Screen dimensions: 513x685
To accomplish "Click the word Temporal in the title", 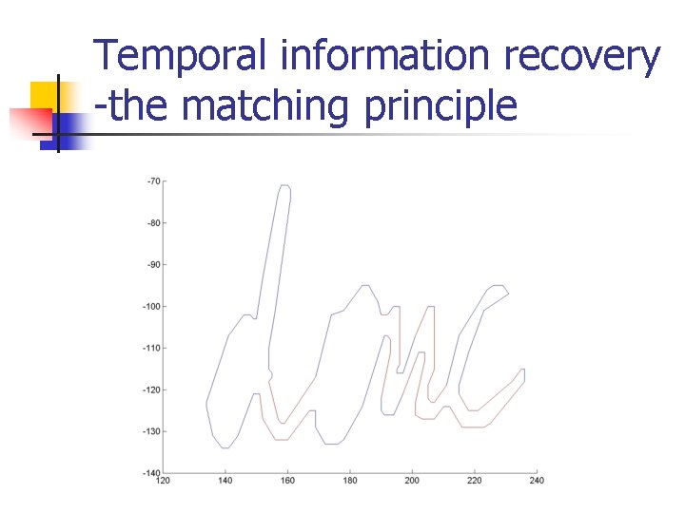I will [x=181, y=58].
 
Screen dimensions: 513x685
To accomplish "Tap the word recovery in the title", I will [x=582, y=58].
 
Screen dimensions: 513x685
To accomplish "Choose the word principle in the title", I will [x=440, y=106].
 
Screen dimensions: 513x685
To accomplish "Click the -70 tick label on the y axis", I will [x=153, y=181].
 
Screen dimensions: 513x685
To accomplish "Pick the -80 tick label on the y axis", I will [x=153, y=223].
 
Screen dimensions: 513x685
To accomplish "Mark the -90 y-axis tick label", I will [x=153, y=265].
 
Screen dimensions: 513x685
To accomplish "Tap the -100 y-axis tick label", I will [x=151, y=307].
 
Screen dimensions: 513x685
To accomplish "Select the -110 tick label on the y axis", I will [x=151, y=349].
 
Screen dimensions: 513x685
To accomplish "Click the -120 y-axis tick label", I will [x=151, y=390].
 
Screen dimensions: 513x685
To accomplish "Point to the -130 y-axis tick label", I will [x=151, y=431].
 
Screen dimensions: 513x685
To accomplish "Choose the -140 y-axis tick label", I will [x=151, y=472].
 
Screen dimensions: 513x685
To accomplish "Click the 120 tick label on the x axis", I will [x=163, y=482].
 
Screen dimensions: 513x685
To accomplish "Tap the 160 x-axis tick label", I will [x=287, y=482].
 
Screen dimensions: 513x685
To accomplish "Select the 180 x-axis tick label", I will [x=349, y=482].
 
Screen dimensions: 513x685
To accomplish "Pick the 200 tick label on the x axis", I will [x=412, y=482].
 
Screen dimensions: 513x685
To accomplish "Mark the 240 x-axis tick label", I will [x=537, y=482].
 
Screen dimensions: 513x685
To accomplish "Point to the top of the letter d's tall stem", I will [x=284, y=187].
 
